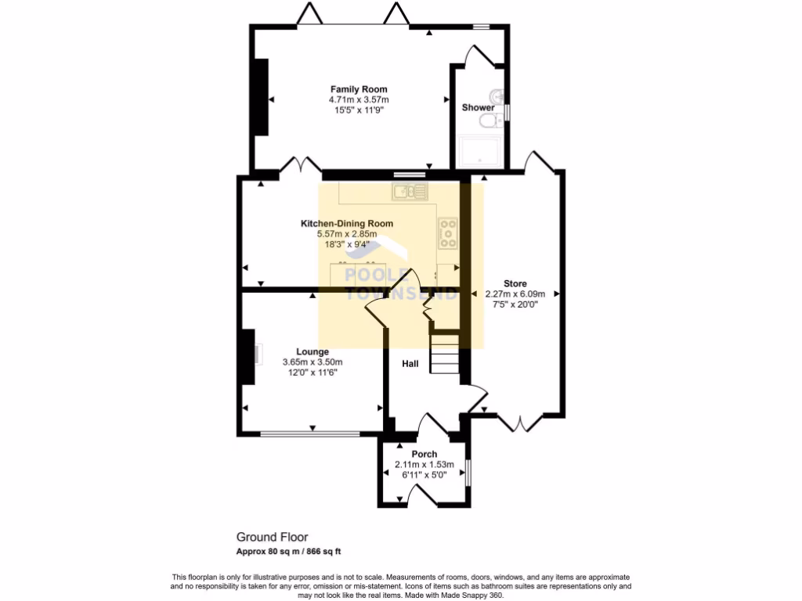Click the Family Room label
coord(359,89)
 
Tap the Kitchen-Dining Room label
coord(347,224)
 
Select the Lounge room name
coord(312,352)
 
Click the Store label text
coord(515,283)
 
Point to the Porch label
coord(424,454)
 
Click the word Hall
coord(410,364)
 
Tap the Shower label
coord(478,107)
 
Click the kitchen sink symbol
coord(410,190)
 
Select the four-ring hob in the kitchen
coord(448,233)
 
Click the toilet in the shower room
coord(490,122)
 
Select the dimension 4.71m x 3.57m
coord(359,100)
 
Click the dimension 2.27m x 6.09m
coord(515,294)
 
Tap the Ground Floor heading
coord(273,537)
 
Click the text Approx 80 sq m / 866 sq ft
coord(289,551)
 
